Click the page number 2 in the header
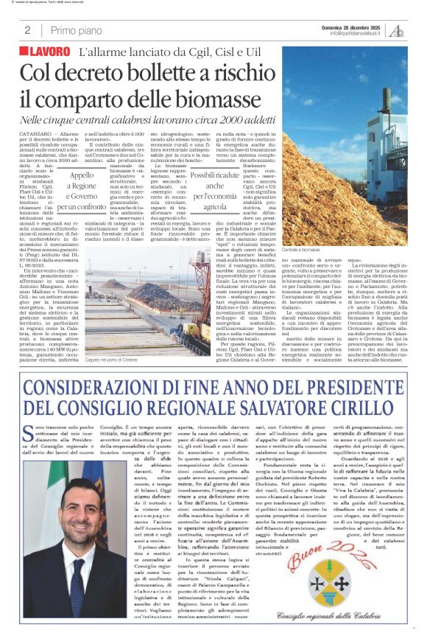click(x=27, y=30)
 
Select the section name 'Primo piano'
click(x=76, y=30)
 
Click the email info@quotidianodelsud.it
click(x=355, y=33)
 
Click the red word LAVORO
click(x=46, y=52)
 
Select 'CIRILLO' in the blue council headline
click(x=354, y=408)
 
